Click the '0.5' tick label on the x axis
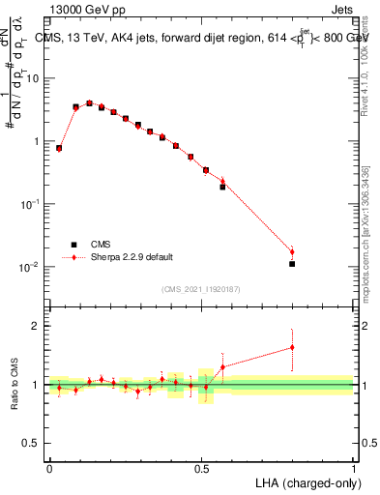(201, 468)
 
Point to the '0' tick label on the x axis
(49, 468)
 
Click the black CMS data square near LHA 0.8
(292, 264)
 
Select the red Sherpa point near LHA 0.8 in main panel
(292, 251)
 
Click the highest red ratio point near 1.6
(292, 347)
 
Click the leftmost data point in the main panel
(59, 148)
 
